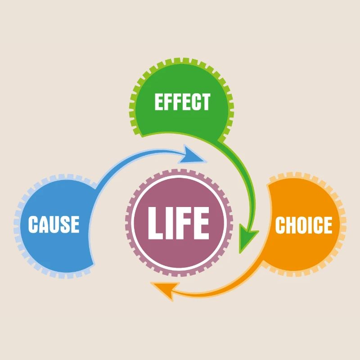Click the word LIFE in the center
pos(179,222)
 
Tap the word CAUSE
pos(54,224)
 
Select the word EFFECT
pos(182,102)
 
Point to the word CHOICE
pos(303,225)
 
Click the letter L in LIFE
pos(156,222)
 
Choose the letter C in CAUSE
pos(33,224)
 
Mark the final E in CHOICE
pos(327,225)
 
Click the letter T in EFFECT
pos(205,102)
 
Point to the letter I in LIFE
pos(171,222)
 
